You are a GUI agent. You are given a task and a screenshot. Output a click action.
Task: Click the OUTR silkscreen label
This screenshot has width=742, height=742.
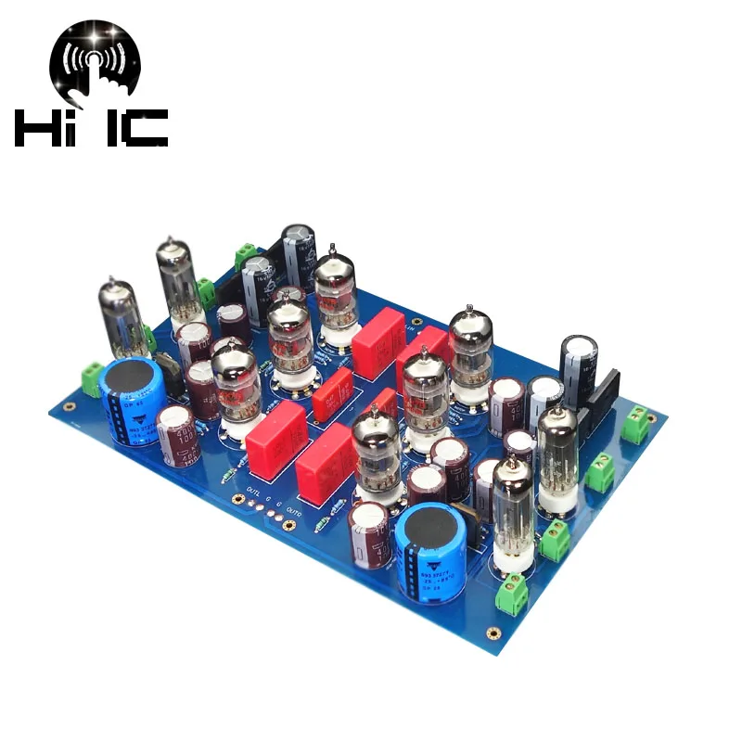pos(294,508)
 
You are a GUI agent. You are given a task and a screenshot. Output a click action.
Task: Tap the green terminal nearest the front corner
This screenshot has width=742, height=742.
pos(510,592)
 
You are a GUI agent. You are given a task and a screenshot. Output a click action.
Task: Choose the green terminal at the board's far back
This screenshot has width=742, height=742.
pos(246,256)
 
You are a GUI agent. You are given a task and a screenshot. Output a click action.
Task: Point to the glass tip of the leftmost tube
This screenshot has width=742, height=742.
pos(112,280)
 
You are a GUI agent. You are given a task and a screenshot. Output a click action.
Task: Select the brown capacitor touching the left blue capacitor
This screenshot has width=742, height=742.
pos(175,432)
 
